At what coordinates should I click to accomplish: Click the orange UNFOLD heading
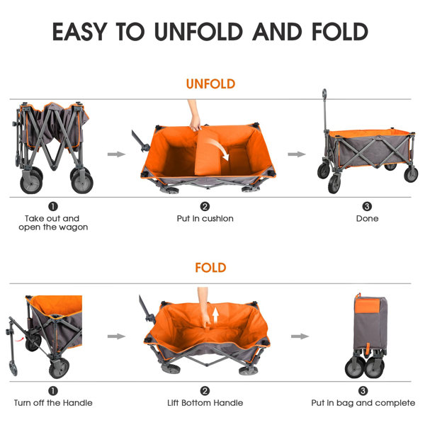tap(210, 84)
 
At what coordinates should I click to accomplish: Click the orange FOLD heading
tap(210, 268)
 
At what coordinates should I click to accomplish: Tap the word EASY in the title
tap(79, 32)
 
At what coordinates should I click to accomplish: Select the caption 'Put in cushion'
tap(205, 218)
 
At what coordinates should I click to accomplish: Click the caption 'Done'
tap(367, 218)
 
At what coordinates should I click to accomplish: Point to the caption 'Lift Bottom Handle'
tap(205, 403)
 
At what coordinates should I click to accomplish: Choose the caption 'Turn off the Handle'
tap(53, 403)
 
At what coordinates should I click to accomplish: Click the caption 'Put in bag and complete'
tap(363, 403)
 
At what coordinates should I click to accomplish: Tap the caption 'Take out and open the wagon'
tap(53, 223)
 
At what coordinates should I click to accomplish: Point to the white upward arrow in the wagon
tap(216, 316)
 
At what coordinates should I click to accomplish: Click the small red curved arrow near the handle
tap(18, 339)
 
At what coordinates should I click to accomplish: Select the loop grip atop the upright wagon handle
tap(324, 93)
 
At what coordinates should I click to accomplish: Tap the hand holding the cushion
tap(195, 120)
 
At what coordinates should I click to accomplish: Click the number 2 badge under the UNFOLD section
tap(205, 207)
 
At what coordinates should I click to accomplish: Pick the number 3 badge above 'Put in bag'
tap(363, 391)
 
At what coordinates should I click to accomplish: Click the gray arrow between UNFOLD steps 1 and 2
tap(117, 154)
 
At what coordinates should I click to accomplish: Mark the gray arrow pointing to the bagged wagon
tap(300, 336)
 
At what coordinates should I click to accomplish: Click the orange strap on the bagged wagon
tap(368, 348)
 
